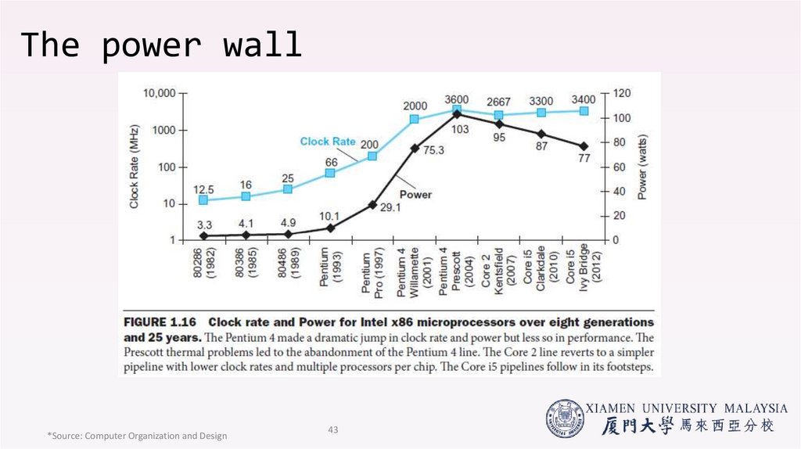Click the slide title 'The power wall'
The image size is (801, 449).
tap(161, 45)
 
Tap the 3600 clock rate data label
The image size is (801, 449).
tap(457, 99)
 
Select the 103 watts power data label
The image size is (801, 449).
tap(460, 129)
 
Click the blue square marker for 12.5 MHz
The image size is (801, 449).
tap(203, 200)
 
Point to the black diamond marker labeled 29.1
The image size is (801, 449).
tap(372, 205)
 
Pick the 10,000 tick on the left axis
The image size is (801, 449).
tap(160, 93)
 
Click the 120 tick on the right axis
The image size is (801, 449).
tap(621, 93)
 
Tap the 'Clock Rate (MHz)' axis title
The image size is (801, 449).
tap(135, 166)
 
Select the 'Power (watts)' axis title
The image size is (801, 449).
tap(642, 166)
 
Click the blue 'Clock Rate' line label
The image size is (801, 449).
tap(327, 142)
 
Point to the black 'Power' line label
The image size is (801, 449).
tap(415, 194)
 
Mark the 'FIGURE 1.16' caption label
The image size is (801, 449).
tap(160, 322)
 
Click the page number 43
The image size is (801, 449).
tap(332, 429)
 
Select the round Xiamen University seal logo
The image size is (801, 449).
tap(565, 418)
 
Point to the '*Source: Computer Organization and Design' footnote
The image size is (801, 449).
tap(137, 436)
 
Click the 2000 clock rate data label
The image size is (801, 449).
tap(415, 106)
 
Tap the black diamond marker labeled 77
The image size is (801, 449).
tap(584, 146)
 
